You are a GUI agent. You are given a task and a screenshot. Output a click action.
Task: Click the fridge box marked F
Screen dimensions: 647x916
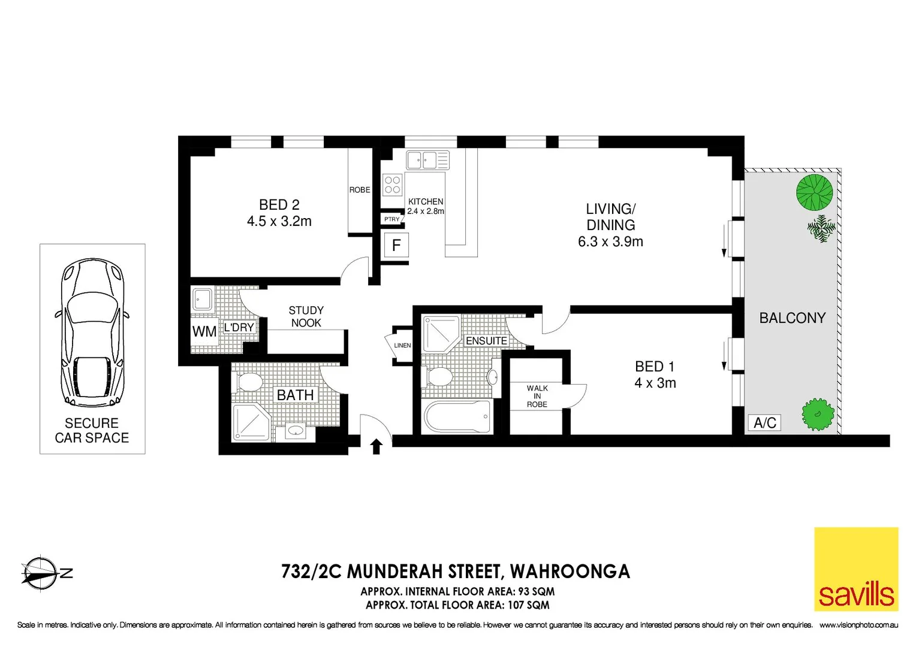point(396,246)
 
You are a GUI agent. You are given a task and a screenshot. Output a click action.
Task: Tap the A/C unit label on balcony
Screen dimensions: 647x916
point(764,423)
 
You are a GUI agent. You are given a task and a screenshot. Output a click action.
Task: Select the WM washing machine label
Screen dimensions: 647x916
point(204,332)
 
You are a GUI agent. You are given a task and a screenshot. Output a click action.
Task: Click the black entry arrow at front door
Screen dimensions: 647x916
point(376,446)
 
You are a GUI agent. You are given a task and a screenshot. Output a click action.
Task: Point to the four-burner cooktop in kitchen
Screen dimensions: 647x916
point(393,185)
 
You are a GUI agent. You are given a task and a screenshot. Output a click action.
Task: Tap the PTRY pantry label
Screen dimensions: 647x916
point(391,219)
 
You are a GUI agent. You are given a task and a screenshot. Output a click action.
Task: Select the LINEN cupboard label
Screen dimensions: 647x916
point(402,346)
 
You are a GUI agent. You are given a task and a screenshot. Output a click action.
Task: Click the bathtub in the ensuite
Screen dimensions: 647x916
point(458,416)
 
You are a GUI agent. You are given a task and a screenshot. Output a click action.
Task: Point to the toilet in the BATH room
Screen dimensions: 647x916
point(249,382)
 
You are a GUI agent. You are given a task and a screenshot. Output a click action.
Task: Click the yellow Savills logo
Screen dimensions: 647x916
point(856,569)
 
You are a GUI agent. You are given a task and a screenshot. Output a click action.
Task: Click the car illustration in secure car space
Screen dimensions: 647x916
point(92,332)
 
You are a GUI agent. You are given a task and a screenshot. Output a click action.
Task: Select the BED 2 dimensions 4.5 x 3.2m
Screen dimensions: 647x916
point(279,222)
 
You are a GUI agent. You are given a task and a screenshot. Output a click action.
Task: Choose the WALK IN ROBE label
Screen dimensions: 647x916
point(537,397)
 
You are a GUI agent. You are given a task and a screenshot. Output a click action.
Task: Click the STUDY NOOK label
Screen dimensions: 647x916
point(306,316)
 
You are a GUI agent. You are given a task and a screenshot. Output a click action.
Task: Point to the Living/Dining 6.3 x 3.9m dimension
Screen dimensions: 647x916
point(610,242)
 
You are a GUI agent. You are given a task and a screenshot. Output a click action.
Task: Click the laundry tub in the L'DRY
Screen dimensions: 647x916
point(203,299)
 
